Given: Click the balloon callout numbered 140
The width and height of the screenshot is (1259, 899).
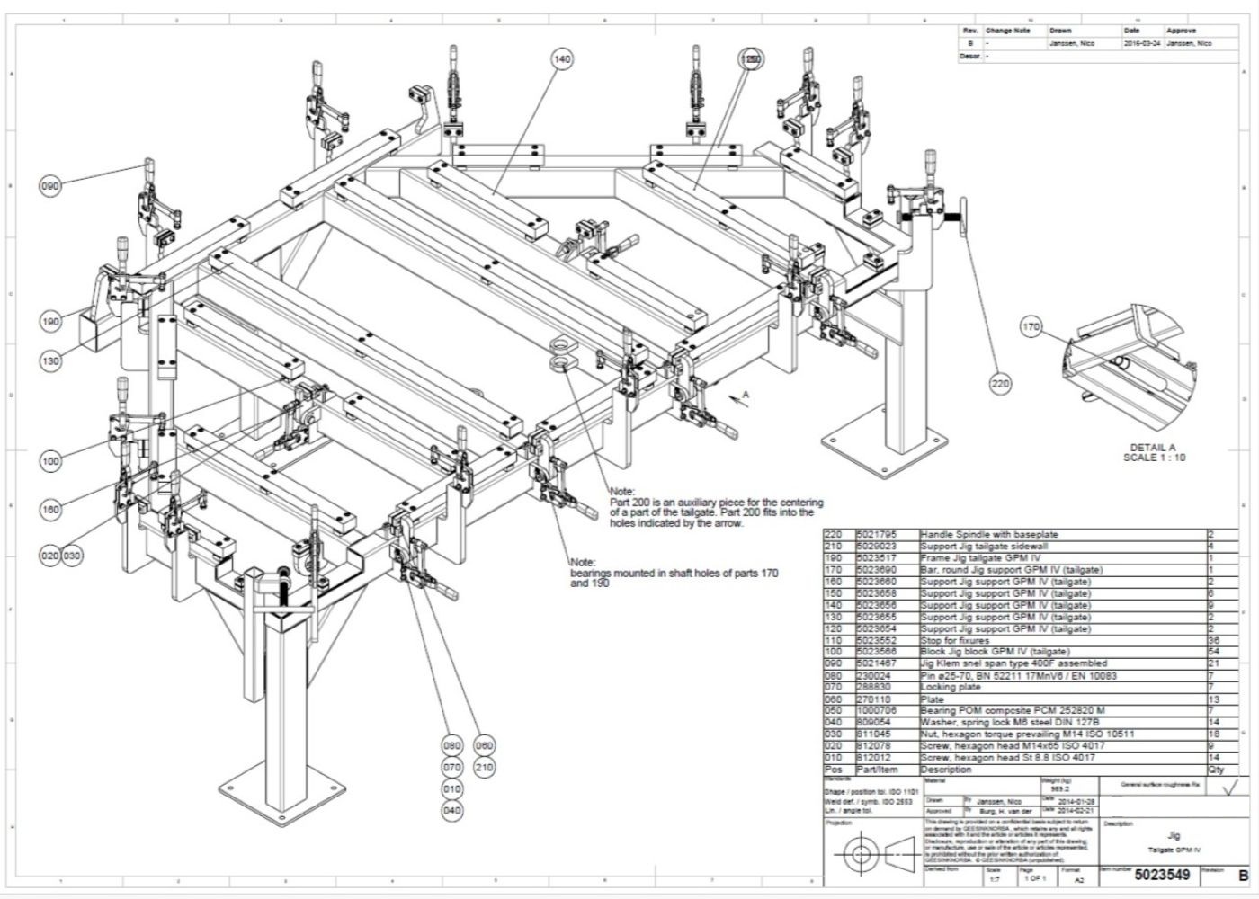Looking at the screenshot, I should point(562,59).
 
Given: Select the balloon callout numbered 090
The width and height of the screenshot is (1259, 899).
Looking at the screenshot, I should point(50,186).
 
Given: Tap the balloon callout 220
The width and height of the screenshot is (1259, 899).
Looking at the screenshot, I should point(1000,384).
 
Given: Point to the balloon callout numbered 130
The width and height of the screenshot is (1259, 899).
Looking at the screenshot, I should point(50,360).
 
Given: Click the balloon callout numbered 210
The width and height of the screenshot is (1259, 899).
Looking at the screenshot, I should point(484,768).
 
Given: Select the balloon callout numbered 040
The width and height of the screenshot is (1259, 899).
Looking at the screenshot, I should point(451,811).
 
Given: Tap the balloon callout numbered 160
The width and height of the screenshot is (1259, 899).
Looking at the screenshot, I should point(50,509).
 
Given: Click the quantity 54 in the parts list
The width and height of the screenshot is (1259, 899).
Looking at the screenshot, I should point(1216,652).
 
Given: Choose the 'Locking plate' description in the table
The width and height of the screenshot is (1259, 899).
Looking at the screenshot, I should point(951,687).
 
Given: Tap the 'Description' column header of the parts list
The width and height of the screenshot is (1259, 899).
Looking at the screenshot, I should point(946,770).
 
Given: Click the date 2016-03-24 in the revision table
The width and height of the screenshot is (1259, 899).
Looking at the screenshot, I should point(1142,43).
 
